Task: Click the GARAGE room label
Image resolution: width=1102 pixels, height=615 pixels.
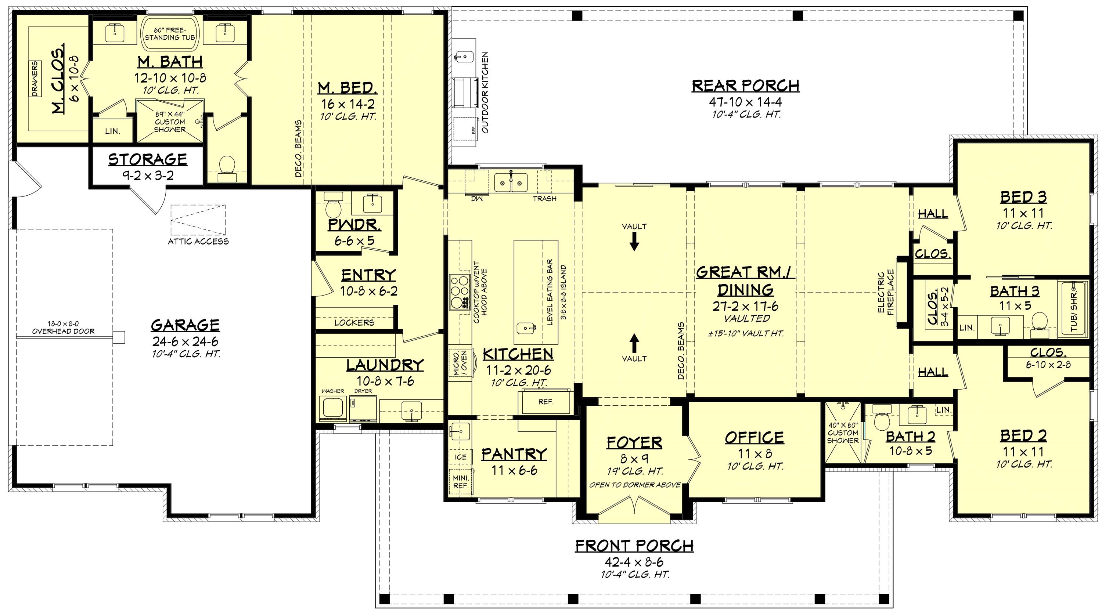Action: (185, 325)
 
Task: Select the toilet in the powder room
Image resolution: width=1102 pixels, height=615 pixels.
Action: (333, 205)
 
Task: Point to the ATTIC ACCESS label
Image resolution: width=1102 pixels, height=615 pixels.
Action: (198, 241)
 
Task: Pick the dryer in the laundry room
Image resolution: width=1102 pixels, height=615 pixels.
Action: (363, 408)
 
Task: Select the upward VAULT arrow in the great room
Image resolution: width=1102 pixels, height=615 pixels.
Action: (634, 343)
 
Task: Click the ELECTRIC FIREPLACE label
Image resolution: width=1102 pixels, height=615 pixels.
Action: (886, 293)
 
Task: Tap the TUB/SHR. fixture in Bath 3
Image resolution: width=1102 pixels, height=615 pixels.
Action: (1073, 308)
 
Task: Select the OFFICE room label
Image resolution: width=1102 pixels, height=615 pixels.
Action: (755, 438)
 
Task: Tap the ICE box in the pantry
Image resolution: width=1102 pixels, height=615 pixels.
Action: (461, 457)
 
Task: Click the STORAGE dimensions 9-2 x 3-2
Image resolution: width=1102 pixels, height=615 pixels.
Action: (148, 176)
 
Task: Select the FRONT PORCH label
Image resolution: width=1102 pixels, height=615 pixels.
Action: (634, 546)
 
